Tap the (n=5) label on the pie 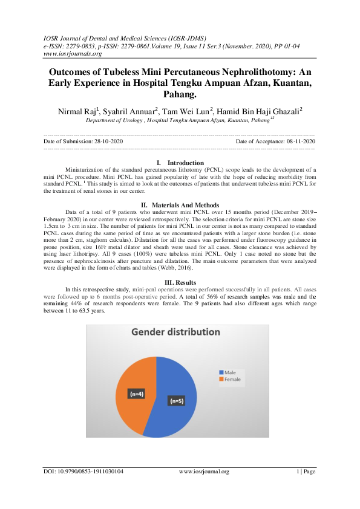(177, 400)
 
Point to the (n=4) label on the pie (137, 394)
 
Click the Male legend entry (229, 372)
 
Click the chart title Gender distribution (174, 333)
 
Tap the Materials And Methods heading (185, 205)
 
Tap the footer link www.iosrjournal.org (204, 472)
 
